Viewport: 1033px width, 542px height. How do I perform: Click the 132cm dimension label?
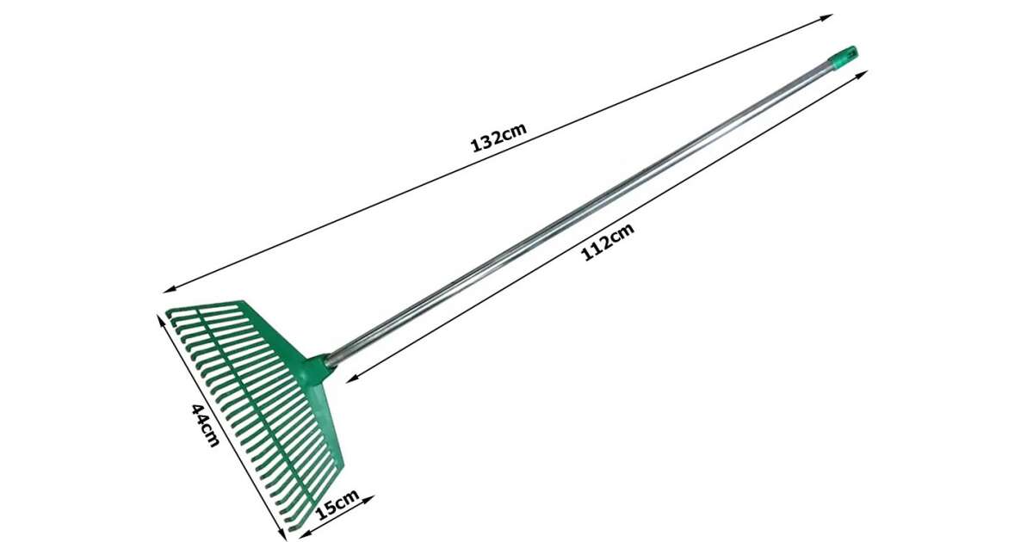[498, 138]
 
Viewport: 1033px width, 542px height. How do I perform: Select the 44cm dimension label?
[205, 425]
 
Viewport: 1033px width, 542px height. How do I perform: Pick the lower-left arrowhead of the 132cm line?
[170, 289]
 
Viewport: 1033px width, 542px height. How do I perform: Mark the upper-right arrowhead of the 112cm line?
[862, 74]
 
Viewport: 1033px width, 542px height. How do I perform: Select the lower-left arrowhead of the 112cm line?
[353, 379]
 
